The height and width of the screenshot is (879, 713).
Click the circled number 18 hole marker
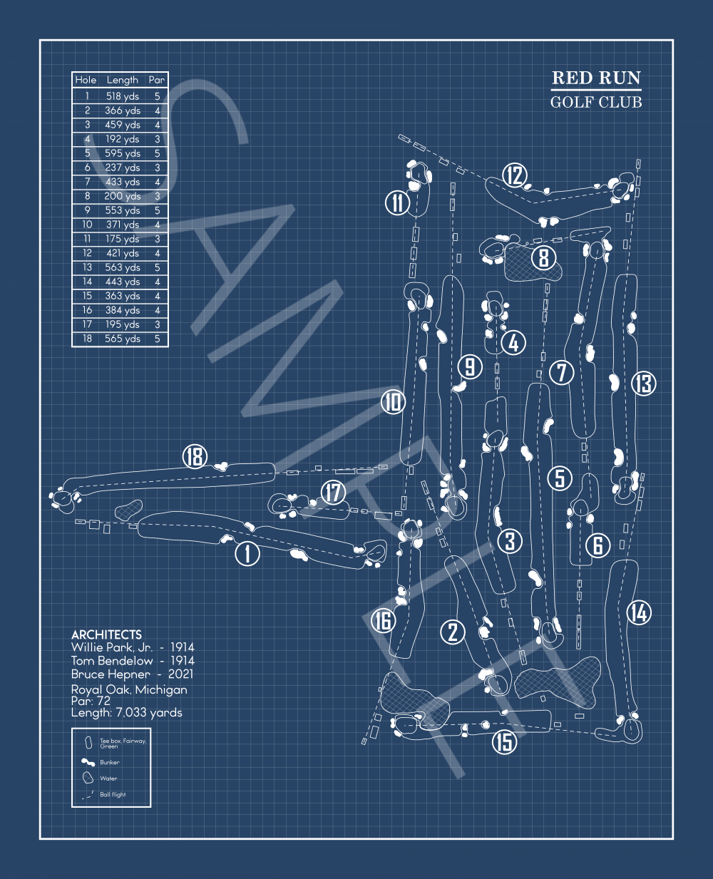[x=195, y=456]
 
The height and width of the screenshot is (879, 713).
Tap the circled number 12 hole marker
[x=514, y=175]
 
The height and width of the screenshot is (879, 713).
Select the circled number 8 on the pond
[x=544, y=257]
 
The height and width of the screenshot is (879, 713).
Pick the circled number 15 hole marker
[x=505, y=741]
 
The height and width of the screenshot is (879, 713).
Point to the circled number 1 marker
[x=247, y=553]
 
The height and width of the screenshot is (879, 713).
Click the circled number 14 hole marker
[x=639, y=612]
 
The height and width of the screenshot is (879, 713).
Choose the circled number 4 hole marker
[x=513, y=343]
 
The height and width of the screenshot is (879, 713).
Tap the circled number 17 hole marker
[x=333, y=492]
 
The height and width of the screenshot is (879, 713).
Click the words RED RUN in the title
[x=596, y=78]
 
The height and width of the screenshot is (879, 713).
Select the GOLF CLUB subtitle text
[x=596, y=102]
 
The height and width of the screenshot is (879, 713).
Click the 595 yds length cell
[x=123, y=153]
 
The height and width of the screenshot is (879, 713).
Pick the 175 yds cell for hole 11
[x=123, y=239]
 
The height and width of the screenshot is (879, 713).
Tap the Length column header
[x=123, y=80]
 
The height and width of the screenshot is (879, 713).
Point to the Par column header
[x=157, y=80]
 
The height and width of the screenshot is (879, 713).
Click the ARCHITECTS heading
[x=106, y=634]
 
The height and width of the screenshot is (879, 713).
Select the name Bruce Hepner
[x=111, y=674]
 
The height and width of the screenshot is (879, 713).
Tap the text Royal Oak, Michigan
[x=129, y=689]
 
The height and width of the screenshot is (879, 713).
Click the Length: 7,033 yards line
[x=126, y=712]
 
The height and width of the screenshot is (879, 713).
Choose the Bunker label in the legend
[x=110, y=762]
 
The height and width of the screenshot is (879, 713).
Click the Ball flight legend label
[x=113, y=794]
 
